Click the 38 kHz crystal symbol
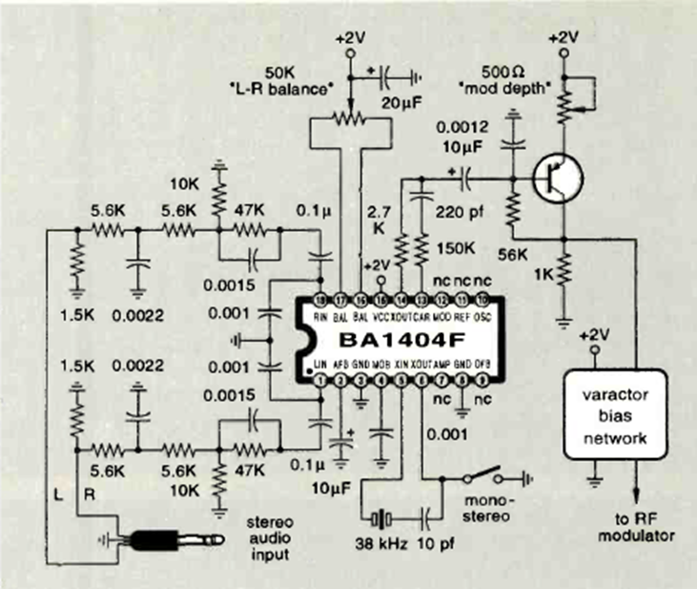pos(380,519)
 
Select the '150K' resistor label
pos(455,248)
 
